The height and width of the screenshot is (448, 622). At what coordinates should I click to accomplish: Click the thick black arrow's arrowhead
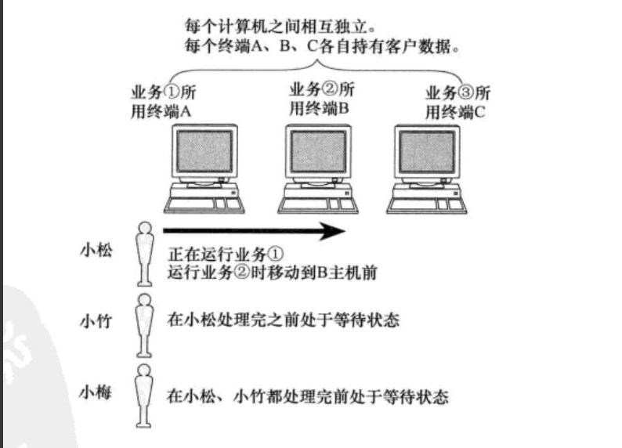point(333,230)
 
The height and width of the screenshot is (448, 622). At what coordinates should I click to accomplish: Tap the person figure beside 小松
point(143,253)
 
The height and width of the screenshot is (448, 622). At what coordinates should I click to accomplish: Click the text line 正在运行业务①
point(225,256)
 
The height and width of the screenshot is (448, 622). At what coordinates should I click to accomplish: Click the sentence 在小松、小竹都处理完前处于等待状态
point(308,396)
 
